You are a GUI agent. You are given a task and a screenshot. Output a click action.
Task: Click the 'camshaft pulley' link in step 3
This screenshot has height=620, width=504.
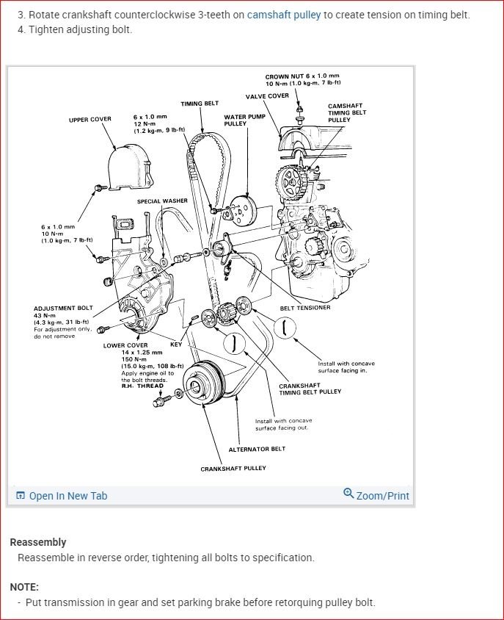(284, 15)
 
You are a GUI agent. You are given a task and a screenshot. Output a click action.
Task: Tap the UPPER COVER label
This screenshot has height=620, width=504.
(90, 119)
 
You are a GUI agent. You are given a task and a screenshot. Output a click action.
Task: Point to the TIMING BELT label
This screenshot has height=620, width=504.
(200, 104)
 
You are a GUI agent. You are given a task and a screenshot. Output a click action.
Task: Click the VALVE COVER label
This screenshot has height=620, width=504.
(267, 96)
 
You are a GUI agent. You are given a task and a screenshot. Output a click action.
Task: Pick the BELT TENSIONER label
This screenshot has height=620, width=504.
(305, 308)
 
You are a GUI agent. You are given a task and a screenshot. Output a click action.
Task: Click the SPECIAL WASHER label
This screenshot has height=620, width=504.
(162, 201)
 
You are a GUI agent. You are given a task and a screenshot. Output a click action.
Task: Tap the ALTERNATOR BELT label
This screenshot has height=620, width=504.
(257, 449)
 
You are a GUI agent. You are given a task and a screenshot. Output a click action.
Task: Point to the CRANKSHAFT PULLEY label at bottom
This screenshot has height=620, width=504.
(233, 468)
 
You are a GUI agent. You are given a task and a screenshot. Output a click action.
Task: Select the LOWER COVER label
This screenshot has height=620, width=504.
(125, 345)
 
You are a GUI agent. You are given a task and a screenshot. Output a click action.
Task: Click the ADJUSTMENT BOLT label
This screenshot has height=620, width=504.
(64, 309)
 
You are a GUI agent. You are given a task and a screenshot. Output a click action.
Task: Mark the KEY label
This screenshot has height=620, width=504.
(176, 344)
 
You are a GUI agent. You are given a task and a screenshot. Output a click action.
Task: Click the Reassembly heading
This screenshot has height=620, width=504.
(38, 542)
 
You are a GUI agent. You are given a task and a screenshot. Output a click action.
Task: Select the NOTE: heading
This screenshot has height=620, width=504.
(24, 587)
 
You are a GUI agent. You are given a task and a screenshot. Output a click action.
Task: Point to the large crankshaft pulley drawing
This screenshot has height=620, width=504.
(200, 383)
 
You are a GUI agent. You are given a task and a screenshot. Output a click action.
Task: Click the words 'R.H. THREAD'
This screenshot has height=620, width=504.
(142, 386)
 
